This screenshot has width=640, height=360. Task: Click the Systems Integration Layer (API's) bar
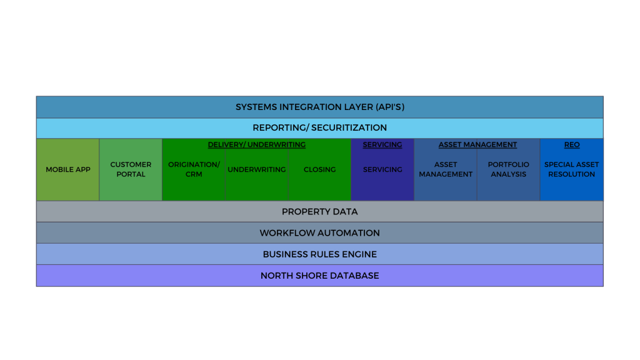tap(319, 107)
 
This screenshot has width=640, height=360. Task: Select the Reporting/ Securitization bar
tap(319, 127)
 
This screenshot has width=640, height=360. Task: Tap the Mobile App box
tap(67, 169)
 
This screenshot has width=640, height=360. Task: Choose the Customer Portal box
tap(131, 169)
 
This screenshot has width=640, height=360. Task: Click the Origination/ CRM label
tap(194, 169)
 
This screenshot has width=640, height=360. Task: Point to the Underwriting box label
tap(256, 169)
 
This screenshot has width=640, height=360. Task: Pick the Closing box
tap(319, 169)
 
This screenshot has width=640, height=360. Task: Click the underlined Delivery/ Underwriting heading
tap(256, 144)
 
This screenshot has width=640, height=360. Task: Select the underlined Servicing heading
tap(382, 144)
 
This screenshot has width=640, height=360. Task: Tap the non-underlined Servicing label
tap(382, 169)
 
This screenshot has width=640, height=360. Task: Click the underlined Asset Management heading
tap(477, 144)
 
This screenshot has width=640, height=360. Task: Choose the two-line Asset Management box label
tap(446, 169)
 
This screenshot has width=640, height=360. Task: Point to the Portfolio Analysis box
tap(508, 169)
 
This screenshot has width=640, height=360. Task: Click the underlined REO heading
tap(571, 144)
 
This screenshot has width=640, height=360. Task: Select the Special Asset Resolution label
tap(571, 169)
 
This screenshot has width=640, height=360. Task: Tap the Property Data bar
tap(319, 211)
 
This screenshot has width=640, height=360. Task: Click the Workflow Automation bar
tap(319, 232)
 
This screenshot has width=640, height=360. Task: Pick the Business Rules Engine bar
tap(319, 254)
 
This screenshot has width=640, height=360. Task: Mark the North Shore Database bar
tap(319, 276)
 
